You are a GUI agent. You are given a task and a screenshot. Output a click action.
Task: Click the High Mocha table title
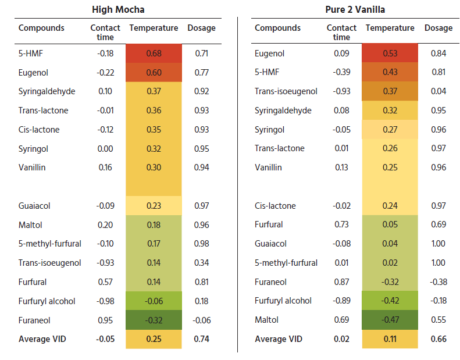coord(118,9)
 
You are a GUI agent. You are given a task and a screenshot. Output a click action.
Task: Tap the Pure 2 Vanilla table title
coord(355,9)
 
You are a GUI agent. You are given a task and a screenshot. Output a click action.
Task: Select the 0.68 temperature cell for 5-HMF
coord(154,54)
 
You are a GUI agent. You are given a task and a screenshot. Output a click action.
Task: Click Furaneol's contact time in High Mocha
coord(105,320)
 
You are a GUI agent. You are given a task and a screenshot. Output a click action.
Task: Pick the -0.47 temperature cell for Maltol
coord(390,319)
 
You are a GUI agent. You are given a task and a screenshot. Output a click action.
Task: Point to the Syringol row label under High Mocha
coord(33,149)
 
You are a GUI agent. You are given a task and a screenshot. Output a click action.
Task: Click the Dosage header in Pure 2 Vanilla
coord(438,28)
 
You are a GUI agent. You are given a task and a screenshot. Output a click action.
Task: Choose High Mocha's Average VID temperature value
coord(154,339)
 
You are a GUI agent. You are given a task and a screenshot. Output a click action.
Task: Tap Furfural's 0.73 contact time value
coord(341,224)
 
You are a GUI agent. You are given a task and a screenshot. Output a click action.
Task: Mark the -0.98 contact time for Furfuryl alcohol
coord(105,301)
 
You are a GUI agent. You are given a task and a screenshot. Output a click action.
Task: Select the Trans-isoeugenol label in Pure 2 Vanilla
coord(286,91)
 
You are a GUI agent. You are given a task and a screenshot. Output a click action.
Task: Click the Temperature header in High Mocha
coord(154,28)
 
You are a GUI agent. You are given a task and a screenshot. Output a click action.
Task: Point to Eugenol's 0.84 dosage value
coord(438,54)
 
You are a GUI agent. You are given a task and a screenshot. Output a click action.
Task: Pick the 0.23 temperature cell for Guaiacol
coord(154,206)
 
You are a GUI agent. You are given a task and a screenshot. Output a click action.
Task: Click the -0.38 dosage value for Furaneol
coord(438,282)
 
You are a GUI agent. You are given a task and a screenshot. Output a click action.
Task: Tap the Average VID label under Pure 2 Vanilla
coord(279,339)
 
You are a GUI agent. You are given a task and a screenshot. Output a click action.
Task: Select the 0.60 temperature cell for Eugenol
coord(154,73)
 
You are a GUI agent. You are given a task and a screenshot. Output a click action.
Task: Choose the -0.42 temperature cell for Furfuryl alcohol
coord(390,301)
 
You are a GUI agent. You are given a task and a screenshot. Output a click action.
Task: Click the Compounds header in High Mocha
coord(41,28)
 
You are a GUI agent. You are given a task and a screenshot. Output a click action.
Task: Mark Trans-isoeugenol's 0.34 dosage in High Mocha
coord(202,263)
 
